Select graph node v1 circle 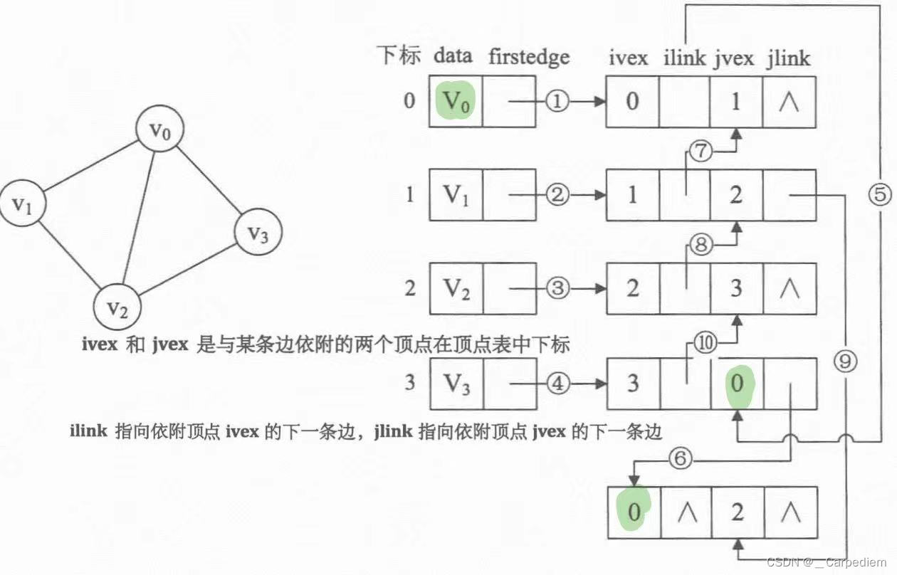(22, 206)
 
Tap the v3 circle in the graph (258, 232)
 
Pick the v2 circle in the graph (118, 307)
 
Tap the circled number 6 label (680, 460)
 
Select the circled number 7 (700, 152)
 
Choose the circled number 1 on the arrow (558, 101)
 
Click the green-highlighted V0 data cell (456, 101)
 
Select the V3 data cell (456, 384)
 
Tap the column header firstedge (529, 57)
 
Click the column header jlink (788, 57)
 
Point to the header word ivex (628, 57)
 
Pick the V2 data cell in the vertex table (456, 288)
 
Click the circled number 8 (700, 246)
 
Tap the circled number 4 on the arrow (558, 384)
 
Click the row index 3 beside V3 (409, 384)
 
